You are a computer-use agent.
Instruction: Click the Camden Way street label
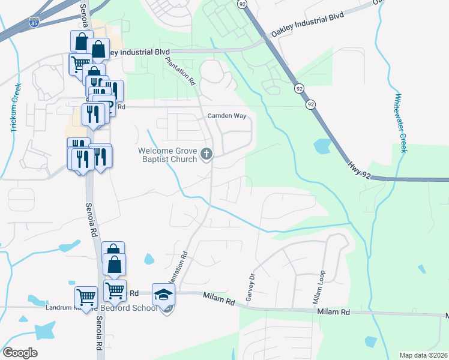tap(227, 116)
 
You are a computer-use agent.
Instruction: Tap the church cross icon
tap(206, 155)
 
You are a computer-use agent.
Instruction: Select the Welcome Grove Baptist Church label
tap(167, 155)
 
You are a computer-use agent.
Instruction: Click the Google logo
tap(20, 353)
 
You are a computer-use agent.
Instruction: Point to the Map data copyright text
tap(423, 355)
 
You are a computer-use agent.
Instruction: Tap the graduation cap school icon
tap(163, 294)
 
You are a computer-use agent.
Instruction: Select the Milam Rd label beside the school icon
tap(218, 298)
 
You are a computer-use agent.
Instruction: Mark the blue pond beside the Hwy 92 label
tap(322, 146)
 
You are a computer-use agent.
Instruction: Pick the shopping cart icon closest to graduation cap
tap(114, 291)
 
